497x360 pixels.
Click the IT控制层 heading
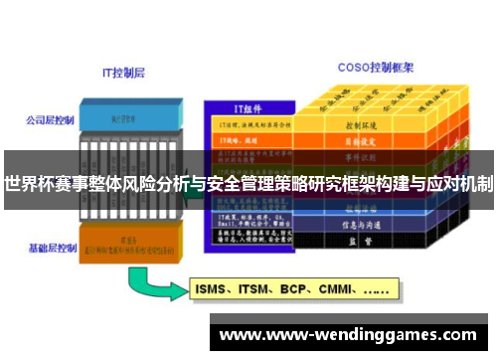tap(124, 72)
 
